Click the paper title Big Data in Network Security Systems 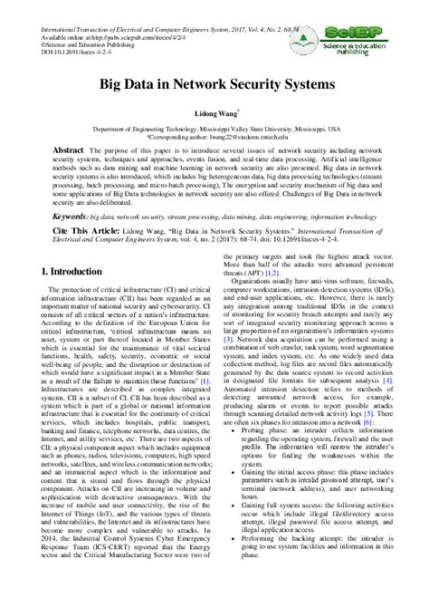(214, 82)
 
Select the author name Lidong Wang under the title (213, 117)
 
